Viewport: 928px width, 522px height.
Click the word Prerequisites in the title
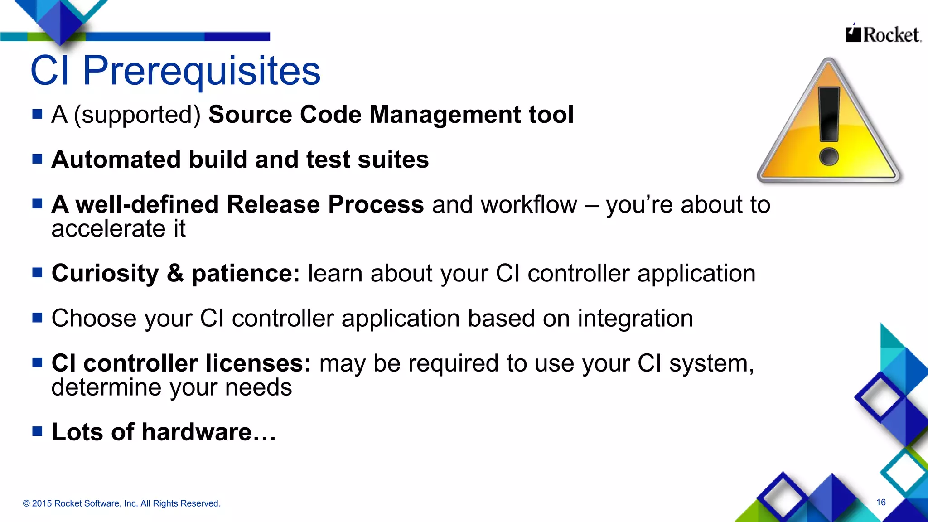pyautogui.click(x=202, y=71)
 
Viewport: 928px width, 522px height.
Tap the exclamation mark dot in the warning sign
pyautogui.click(x=829, y=157)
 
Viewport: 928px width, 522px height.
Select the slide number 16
pyautogui.click(x=881, y=502)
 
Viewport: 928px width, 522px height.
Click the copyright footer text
pyautogui.click(x=121, y=503)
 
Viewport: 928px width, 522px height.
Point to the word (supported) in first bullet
pyautogui.click(x=137, y=115)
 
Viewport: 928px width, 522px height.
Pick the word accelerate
pyautogui.click(x=108, y=228)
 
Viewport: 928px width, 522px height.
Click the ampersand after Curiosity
pyautogui.click(x=175, y=273)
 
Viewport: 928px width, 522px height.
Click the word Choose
pyautogui.click(x=93, y=318)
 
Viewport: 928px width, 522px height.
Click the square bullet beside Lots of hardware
pyautogui.click(x=37, y=431)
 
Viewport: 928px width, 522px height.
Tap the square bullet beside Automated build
pyautogui.click(x=37, y=159)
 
